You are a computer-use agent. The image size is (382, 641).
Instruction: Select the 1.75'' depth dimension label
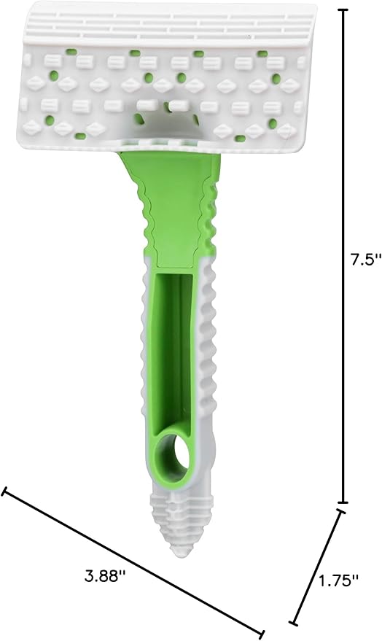339,580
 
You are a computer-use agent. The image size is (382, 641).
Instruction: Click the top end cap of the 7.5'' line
343,10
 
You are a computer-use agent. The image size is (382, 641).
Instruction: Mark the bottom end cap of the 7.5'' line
343,502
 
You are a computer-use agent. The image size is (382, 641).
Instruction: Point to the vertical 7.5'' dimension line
343,182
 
